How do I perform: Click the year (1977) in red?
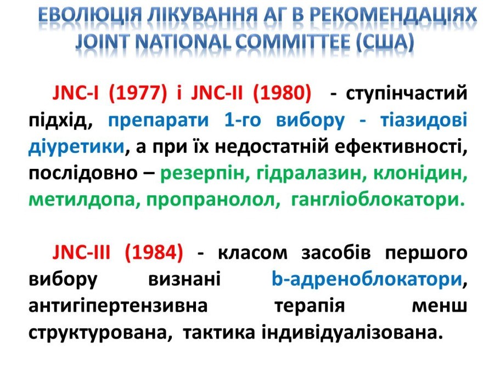pyautogui.click(x=137, y=93)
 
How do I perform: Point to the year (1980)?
pyautogui.click(x=282, y=93)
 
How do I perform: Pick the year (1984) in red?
pyautogui.click(x=154, y=252)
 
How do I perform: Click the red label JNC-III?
pyautogui.click(x=81, y=252)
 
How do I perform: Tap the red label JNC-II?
pyautogui.click(x=217, y=93)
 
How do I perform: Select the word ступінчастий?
pyautogui.click(x=406, y=93)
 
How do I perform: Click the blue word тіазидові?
pyautogui.click(x=424, y=120)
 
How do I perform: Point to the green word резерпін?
pyautogui.click(x=202, y=173)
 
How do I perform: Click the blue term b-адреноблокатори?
pyautogui.click(x=367, y=279)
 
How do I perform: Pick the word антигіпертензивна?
pyautogui.click(x=118, y=306)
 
